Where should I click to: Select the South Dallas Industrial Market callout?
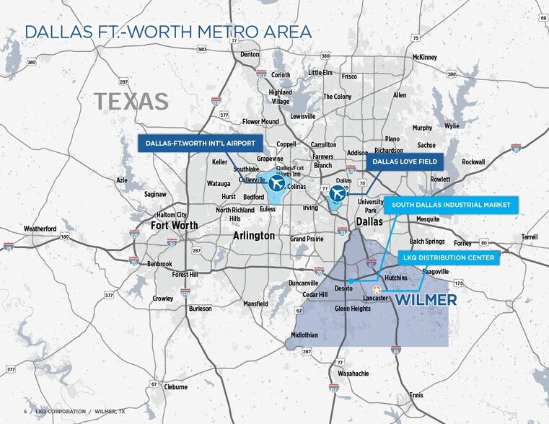click(x=451, y=205)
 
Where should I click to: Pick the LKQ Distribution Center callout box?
click(x=448, y=257)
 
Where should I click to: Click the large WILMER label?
click(x=426, y=299)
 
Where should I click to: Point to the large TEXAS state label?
click(x=131, y=102)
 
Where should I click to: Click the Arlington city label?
click(x=254, y=236)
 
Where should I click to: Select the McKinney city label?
click(x=425, y=57)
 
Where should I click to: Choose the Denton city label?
click(x=250, y=54)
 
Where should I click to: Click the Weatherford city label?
click(x=40, y=229)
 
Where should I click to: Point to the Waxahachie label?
click(x=353, y=374)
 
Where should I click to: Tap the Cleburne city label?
click(x=176, y=387)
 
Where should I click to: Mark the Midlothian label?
click(x=304, y=335)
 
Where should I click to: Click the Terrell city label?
click(x=530, y=237)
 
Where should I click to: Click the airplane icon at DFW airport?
click(x=276, y=184)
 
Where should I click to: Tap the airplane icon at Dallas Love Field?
click(x=337, y=193)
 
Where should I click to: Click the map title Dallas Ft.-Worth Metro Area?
click(x=168, y=32)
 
